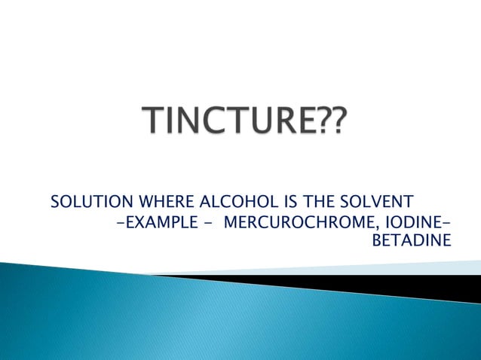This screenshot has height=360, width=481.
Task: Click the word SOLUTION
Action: click(x=85, y=202)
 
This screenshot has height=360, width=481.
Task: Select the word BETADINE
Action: click(x=413, y=241)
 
